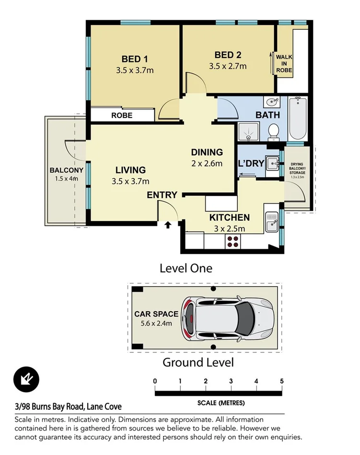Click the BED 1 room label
[x=135, y=59]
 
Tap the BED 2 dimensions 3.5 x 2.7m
[x=228, y=66]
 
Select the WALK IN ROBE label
[x=284, y=64]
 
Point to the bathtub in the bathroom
[x=298, y=118]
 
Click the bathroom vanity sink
[x=272, y=102]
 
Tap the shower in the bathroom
[x=248, y=132]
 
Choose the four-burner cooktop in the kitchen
[x=232, y=242]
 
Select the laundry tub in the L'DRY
[x=272, y=164]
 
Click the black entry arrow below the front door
[x=168, y=225]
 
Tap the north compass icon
[x=26, y=379]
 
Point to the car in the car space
[x=227, y=318]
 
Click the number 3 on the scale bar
[x=231, y=381]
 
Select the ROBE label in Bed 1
[x=122, y=116]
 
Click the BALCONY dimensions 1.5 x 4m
[x=67, y=178]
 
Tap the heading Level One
[x=186, y=268]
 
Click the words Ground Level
[x=198, y=362]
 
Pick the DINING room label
[x=207, y=152]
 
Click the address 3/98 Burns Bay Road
[x=49, y=407]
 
